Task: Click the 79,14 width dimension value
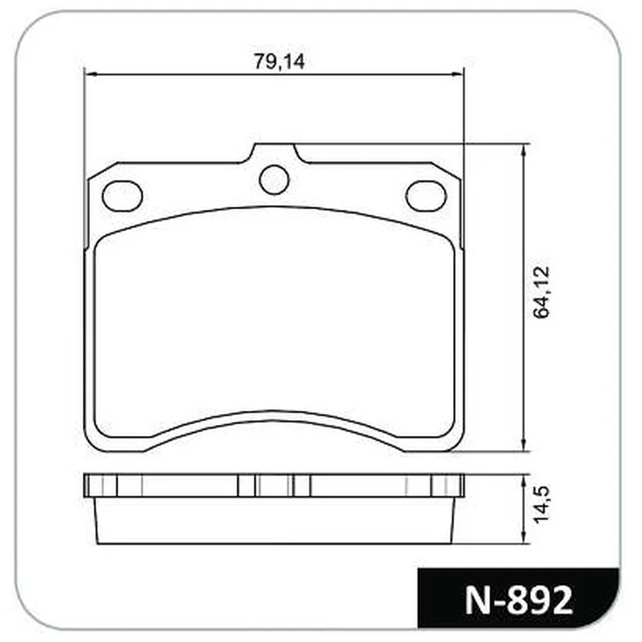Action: pos(280,62)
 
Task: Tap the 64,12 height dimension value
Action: pos(542,292)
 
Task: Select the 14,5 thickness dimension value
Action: pos(542,505)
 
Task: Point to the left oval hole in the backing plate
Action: pos(123,196)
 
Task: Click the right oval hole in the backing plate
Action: pos(426,196)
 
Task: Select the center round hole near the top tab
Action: pos(274,179)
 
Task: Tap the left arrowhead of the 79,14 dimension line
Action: pos(91,74)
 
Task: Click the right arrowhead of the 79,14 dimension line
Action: pos(457,74)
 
